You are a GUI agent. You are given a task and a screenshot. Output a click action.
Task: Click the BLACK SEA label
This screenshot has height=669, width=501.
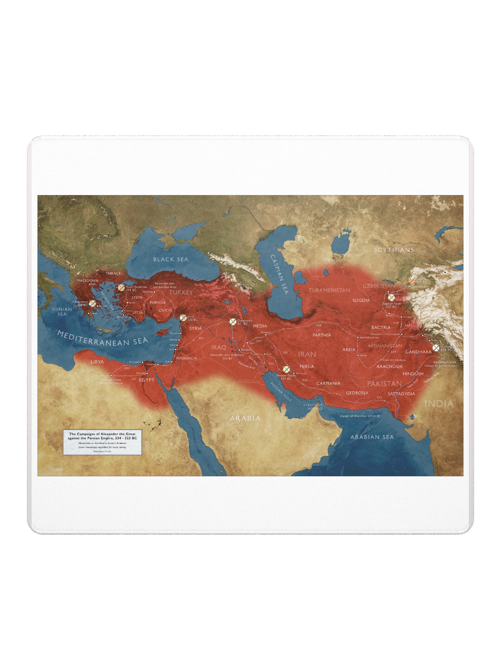tap(171, 259)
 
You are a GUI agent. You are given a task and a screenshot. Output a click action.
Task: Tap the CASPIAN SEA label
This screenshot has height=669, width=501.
tap(280, 275)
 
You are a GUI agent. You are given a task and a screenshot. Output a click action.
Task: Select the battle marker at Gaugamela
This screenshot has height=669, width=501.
tap(233, 322)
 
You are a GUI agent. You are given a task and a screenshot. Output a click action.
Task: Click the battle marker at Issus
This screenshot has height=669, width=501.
tap(183, 318)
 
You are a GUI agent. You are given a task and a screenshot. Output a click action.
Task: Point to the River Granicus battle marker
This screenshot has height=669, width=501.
tap(121, 288)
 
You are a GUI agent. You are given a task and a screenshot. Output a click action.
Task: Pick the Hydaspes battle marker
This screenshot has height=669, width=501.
tap(436, 348)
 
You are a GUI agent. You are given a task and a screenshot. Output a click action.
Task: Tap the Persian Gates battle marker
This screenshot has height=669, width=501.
tap(286, 369)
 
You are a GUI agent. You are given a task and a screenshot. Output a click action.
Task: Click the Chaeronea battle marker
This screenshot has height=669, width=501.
tap(93, 303)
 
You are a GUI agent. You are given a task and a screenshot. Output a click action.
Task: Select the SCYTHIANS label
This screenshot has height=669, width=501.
tap(394, 250)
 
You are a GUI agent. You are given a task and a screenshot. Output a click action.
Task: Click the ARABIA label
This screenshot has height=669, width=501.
tap(245, 418)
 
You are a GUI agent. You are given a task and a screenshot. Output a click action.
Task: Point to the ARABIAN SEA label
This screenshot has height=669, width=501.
tap(372, 437)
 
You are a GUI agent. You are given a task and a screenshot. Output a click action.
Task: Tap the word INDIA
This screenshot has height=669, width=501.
tap(439, 404)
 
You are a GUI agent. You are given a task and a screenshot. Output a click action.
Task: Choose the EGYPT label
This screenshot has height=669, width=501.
tap(146, 380)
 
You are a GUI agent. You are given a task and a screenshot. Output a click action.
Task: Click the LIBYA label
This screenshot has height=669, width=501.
tap(97, 362)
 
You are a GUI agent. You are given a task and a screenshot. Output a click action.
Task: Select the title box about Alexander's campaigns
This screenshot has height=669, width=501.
tap(102, 442)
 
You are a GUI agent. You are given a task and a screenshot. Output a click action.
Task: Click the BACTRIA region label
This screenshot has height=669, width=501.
tap(381, 327)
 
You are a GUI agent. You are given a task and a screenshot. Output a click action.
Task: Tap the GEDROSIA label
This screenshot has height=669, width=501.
tap(357, 393)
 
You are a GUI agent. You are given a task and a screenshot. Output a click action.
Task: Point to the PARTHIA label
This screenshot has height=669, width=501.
tap(322, 335)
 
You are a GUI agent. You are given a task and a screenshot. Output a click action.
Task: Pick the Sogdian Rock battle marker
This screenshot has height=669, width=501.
tap(391, 298)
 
